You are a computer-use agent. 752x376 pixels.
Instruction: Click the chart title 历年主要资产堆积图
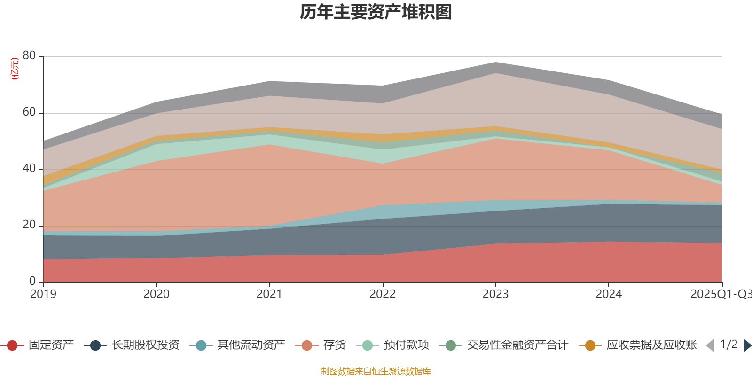tap(376, 12)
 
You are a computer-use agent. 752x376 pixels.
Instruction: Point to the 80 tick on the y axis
tap(29, 56)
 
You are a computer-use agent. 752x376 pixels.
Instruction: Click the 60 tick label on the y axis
tap(29, 112)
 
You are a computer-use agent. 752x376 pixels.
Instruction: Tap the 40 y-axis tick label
tap(29, 169)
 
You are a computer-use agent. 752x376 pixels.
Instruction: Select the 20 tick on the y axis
tap(29, 225)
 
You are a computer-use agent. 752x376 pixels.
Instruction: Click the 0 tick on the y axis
tap(32, 281)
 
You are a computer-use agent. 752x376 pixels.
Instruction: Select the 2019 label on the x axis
tap(43, 294)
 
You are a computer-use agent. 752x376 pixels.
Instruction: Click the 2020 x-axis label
tap(156, 294)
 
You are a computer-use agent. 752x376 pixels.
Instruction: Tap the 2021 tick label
tap(269, 294)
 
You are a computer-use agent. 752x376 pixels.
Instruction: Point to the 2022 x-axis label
tap(383, 294)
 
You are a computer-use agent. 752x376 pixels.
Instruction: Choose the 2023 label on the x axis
tap(495, 294)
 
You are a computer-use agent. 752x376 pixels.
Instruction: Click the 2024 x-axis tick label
tap(609, 294)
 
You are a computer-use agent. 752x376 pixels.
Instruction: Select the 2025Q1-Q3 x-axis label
tap(721, 294)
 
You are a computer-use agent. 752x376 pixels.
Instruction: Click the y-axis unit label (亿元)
tap(15, 69)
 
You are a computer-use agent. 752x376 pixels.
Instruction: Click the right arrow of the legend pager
tap(747, 345)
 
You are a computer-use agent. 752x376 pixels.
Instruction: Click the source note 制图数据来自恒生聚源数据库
tap(376, 371)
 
